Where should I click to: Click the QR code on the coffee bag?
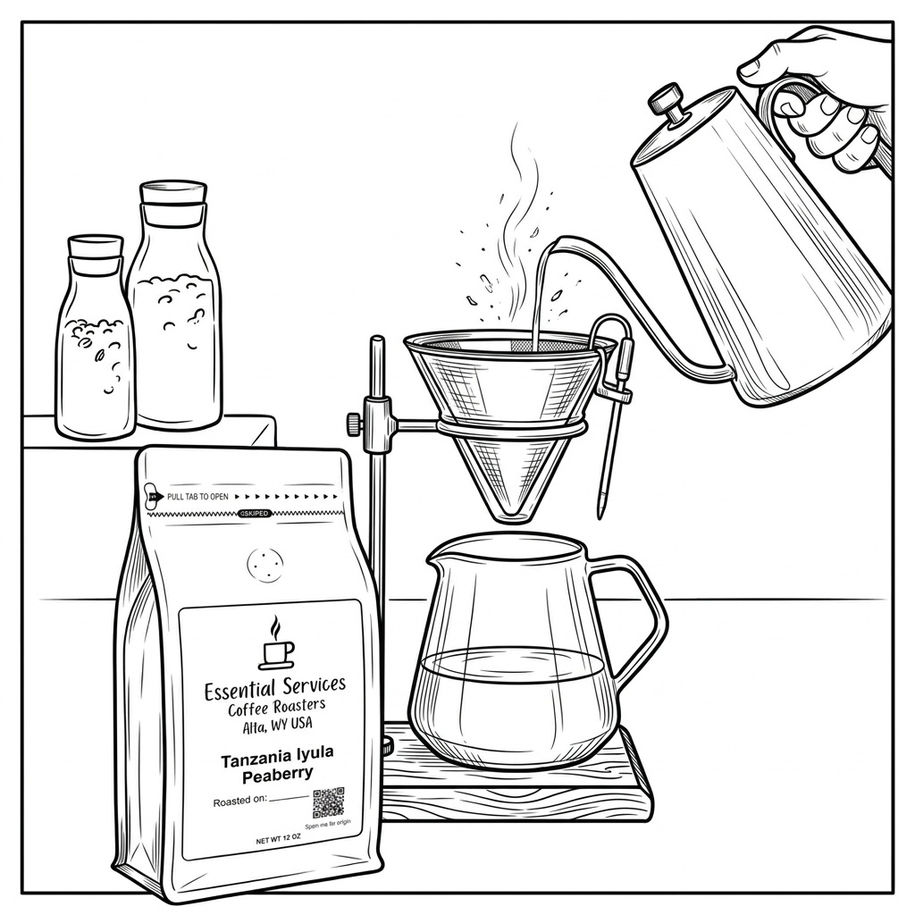click(328, 802)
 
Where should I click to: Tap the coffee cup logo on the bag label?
click(276, 644)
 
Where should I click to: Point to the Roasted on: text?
click(240, 802)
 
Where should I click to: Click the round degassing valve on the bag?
click(264, 564)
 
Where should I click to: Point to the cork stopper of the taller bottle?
click(172, 193)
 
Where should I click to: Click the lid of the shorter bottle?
click(95, 247)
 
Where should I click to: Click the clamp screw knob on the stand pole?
click(355, 420)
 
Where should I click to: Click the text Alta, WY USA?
click(277, 726)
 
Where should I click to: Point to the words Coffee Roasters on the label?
click(276, 709)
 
